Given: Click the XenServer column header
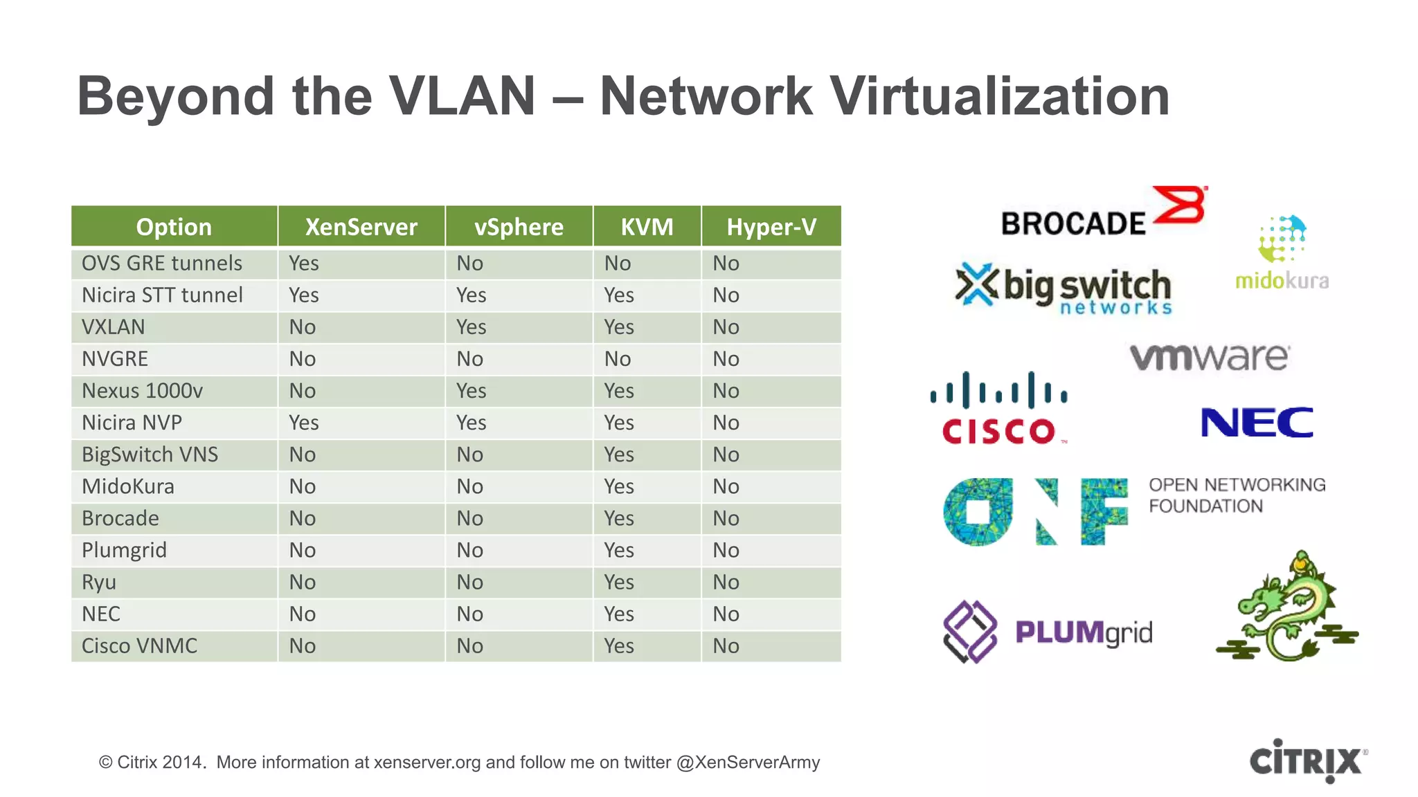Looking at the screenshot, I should pos(361,227).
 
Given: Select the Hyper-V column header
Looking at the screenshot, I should pos(771,227).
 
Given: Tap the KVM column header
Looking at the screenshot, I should pos(647,227).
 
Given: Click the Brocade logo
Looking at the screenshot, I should pos(1104,212).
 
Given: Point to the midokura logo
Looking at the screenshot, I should pos(1282,253).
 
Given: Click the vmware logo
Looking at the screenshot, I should pos(1210,357).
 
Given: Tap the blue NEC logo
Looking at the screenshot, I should pos(1257,423).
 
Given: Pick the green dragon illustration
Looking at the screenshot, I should pos(1288,607).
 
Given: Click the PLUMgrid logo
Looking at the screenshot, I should pos(1048,632).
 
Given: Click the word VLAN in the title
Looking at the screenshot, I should pos(462,96).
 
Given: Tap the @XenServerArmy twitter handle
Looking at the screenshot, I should pos(748,762).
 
